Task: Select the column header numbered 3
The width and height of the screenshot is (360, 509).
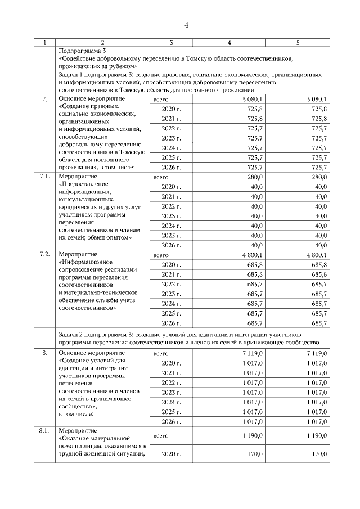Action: click(171, 43)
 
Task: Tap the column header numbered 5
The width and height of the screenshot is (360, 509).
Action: click(298, 43)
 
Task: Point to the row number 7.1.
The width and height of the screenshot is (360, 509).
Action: click(45, 177)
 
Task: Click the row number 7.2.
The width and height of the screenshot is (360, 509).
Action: click(45, 254)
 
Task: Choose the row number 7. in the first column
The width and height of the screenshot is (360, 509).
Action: click(45, 99)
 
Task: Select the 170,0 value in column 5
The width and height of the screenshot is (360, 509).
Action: click(318, 454)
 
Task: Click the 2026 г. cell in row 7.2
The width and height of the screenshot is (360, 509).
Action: click(171, 323)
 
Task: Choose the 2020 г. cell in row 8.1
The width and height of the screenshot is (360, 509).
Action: click(171, 454)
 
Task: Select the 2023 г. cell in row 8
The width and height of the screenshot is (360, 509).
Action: click(171, 392)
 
